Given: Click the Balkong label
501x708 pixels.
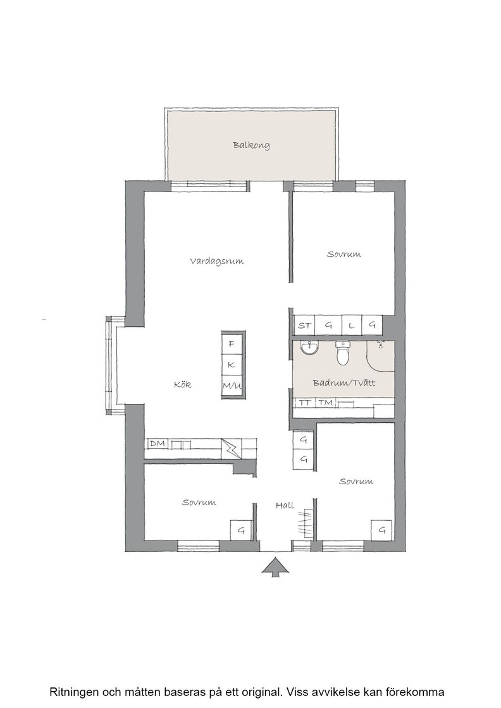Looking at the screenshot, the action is (251, 145).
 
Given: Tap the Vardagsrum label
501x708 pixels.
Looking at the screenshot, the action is (216, 261).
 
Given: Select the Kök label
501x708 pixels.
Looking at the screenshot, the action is (183, 384).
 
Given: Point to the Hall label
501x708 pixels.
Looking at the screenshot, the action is (285, 505).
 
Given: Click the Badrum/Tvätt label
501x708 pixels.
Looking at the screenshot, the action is (343, 383).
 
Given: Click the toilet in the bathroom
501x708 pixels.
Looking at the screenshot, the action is (343, 353).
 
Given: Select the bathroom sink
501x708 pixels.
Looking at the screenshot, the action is (310, 348).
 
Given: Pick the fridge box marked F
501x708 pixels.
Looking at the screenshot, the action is (232, 344).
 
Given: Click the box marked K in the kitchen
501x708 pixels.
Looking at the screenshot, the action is (232, 364).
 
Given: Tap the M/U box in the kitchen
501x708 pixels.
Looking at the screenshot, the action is (232, 386).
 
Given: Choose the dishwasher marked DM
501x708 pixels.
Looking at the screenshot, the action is (158, 444).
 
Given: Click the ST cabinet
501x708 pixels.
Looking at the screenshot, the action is (304, 325).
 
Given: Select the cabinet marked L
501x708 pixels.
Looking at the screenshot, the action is (352, 325).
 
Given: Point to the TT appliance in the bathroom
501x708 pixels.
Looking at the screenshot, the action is (305, 403).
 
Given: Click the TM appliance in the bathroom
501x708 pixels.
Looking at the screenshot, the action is (325, 403).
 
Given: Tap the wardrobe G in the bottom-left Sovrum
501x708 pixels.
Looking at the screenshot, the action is (241, 530).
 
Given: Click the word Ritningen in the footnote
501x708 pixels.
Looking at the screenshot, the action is (71, 692).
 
